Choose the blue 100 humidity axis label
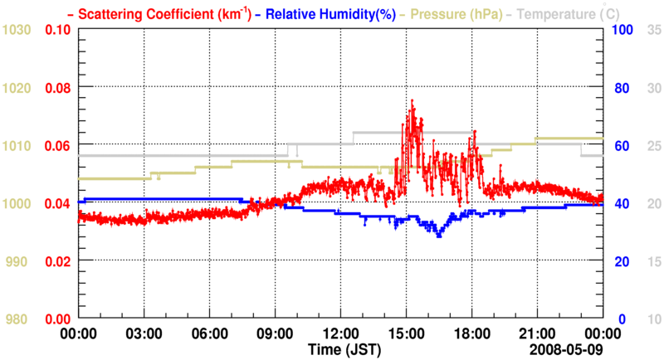point(623,30)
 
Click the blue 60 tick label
point(620,146)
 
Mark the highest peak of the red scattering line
point(412,101)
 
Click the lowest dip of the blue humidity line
point(439,236)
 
